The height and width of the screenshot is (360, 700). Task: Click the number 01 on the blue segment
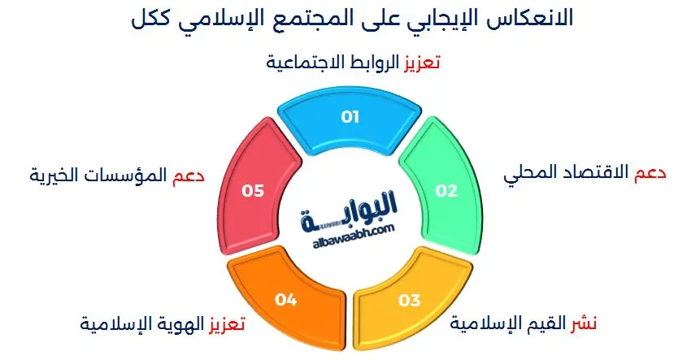click(x=350, y=118)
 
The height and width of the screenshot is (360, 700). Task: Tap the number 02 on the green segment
click(x=446, y=191)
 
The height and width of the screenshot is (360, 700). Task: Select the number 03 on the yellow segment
click(x=409, y=301)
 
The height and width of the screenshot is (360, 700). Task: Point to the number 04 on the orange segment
click(x=285, y=301)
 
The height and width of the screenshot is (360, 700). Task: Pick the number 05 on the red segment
click(x=254, y=191)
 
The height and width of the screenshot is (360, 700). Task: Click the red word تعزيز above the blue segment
click(x=422, y=63)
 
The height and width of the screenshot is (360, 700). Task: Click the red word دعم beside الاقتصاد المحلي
click(x=650, y=173)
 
